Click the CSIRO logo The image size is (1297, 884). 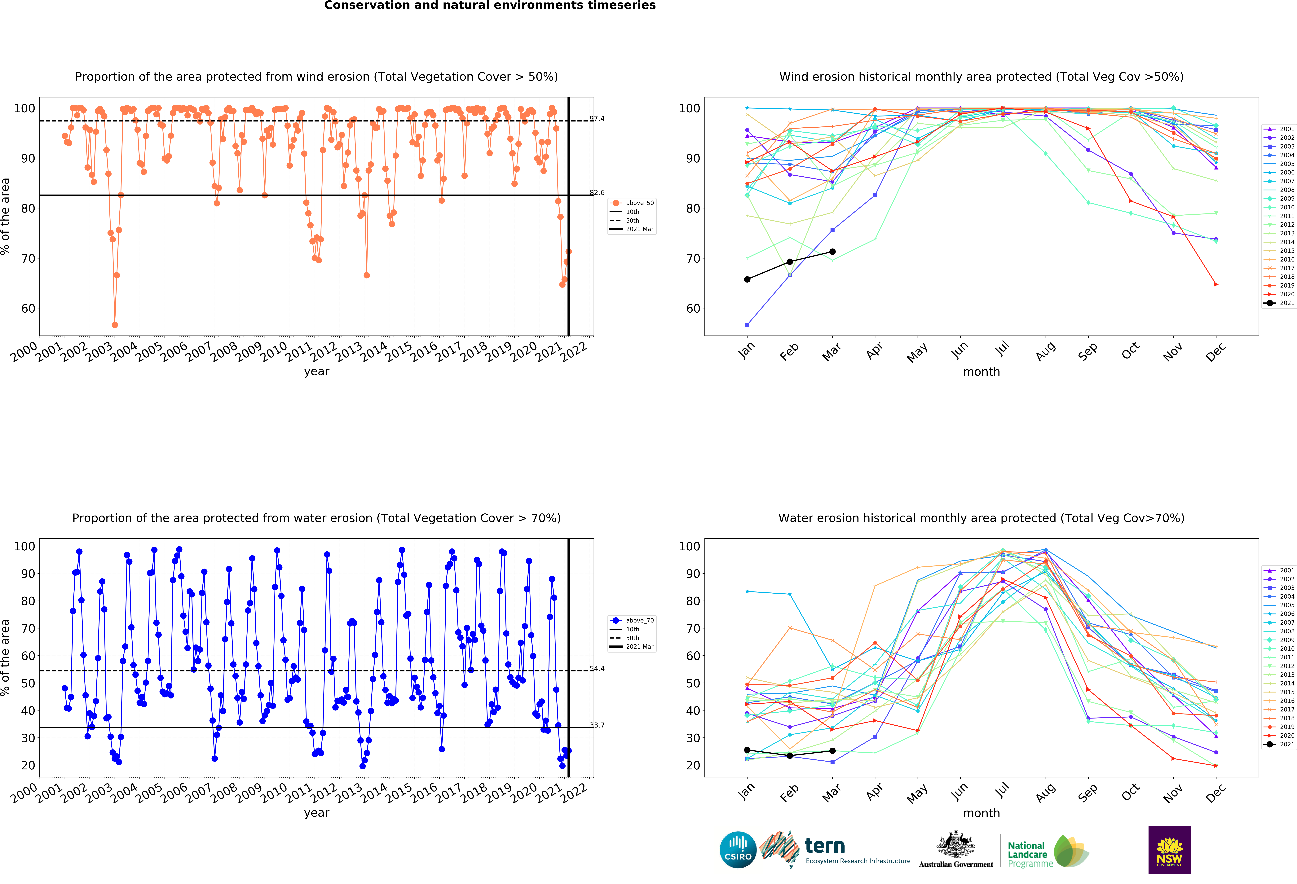[x=738, y=850]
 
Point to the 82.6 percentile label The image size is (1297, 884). [x=597, y=193]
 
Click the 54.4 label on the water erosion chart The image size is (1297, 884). [x=597, y=669]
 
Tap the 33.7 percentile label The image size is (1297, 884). [x=597, y=725]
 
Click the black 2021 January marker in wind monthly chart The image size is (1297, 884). [x=747, y=279]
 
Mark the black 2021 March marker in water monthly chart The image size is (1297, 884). [x=832, y=751]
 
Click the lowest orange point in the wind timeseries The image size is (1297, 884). [x=114, y=325]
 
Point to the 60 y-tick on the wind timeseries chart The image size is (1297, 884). [x=28, y=309]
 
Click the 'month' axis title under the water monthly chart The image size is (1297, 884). [x=981, y=813]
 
